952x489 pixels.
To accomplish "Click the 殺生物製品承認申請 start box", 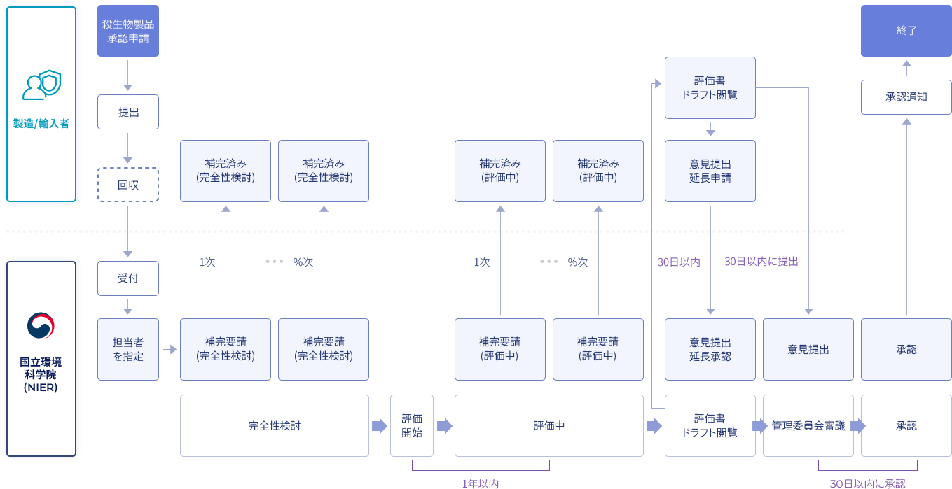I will [127, 31].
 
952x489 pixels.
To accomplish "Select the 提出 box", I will [127, 112].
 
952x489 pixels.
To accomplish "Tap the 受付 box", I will [127, 278].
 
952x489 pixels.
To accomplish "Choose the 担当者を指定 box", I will [127, 349].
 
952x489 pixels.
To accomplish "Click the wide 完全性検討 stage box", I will [274, 425].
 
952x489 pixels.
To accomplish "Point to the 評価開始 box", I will [411, 425].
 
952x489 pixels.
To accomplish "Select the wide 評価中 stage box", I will [549, 425].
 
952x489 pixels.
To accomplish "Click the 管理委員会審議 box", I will [808, 425].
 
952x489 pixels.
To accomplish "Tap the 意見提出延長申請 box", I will [710, 171].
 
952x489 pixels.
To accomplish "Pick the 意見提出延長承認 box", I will [710, 349].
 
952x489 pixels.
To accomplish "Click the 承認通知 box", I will [906, 97].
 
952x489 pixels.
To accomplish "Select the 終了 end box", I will [906, 31].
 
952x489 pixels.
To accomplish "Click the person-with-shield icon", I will [41, 85].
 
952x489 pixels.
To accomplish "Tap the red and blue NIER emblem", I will [41, 325].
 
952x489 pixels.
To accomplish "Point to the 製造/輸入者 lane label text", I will [41, 124].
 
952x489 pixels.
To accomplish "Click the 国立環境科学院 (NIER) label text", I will [41, 374].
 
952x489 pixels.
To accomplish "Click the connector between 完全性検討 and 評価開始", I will [380, 425].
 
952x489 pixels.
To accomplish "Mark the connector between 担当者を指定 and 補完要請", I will [170, 349].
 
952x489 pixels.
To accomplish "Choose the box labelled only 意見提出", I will [808, 349].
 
